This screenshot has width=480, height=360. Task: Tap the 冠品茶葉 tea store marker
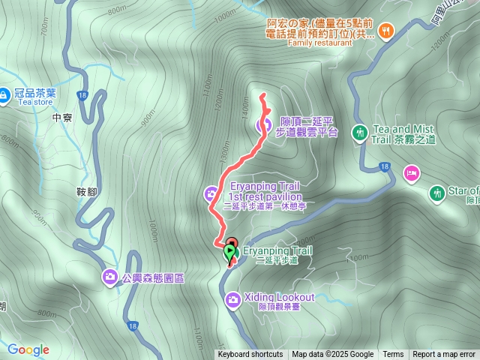tap(7, 95)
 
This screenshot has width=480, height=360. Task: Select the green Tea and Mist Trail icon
tap(360, 133)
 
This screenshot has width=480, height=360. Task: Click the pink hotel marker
tap(411, 174)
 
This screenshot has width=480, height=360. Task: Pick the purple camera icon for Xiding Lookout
tap(233, 300)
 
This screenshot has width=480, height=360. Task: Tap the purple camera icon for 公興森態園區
tap(110, 277)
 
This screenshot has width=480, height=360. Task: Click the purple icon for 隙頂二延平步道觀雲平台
tap(263, 125)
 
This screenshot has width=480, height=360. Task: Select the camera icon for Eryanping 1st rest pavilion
tap(211, 196)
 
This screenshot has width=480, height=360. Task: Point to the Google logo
tap(28, 349)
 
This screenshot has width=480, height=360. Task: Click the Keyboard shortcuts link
tap(250, 355)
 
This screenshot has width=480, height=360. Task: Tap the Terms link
tap(393, 355)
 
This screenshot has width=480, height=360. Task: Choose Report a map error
tap(444, 355)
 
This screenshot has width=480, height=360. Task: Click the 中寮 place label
tap(63, 118)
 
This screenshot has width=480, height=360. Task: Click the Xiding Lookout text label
tap(279, 297)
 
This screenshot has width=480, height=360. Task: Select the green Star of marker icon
tap(437, 194)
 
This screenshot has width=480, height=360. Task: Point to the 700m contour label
tap(46, 29)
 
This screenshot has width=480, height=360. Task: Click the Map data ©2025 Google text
tap(332, 355)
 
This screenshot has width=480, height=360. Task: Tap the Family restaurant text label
tap(319, 43)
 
